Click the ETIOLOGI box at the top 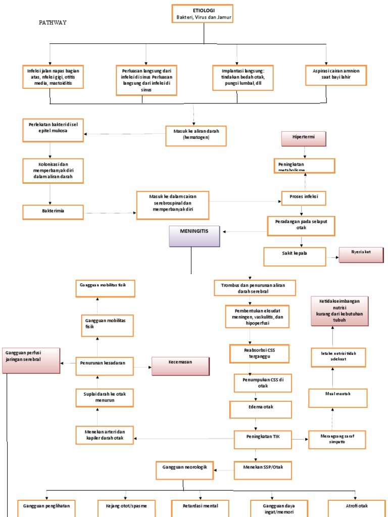pos(204,13)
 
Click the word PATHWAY pos(53,23)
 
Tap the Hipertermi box pos(304,138)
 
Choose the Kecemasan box pos(180,366)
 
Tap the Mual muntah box pos(337,397)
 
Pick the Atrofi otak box pos(356,507)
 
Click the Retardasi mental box pos(201,507)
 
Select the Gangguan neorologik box pos(185,470)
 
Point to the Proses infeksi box pos(304,198)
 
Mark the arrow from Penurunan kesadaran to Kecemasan pos(143,367)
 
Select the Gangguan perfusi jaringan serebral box pos(31,359)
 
